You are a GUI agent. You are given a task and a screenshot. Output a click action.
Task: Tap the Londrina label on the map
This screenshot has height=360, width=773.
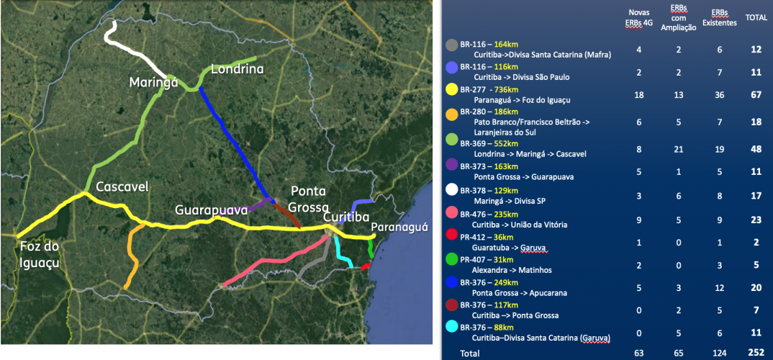(237, 70)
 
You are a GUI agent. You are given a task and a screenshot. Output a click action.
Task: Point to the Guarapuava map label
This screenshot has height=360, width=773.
(211, 210)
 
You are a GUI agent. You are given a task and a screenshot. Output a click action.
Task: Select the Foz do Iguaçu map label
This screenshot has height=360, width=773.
(40, 255)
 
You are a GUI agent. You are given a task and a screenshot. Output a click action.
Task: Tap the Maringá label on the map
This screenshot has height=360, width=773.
(153, 83)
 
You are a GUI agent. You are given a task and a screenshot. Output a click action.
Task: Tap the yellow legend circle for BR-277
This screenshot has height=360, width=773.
(451, 90)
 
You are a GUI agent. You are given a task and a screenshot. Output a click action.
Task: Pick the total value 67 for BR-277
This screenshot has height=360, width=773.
(755, 95)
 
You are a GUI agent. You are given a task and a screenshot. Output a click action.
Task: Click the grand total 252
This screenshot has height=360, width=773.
(754, 353)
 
